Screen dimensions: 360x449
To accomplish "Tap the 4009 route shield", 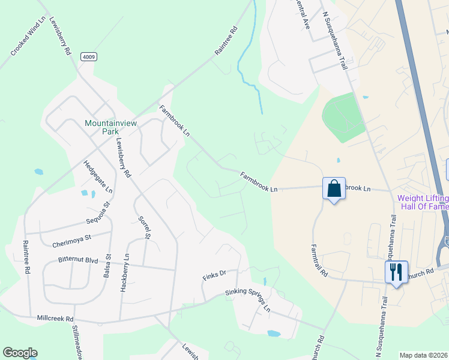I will (88, 57).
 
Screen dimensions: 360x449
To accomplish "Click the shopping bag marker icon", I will (334, 188).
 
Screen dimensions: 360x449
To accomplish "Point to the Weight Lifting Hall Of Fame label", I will (423, 203).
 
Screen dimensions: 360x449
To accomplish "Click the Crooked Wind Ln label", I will (28, 36).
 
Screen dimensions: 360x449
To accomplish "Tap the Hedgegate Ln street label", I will (98, 176).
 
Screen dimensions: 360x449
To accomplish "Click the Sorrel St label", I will (144, 228).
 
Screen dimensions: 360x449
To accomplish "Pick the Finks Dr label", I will (214, 274).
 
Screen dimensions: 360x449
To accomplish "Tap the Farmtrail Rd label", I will (319, 259).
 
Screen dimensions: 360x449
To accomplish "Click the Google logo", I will (20, 353).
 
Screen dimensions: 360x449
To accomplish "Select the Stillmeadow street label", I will (77, 343).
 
